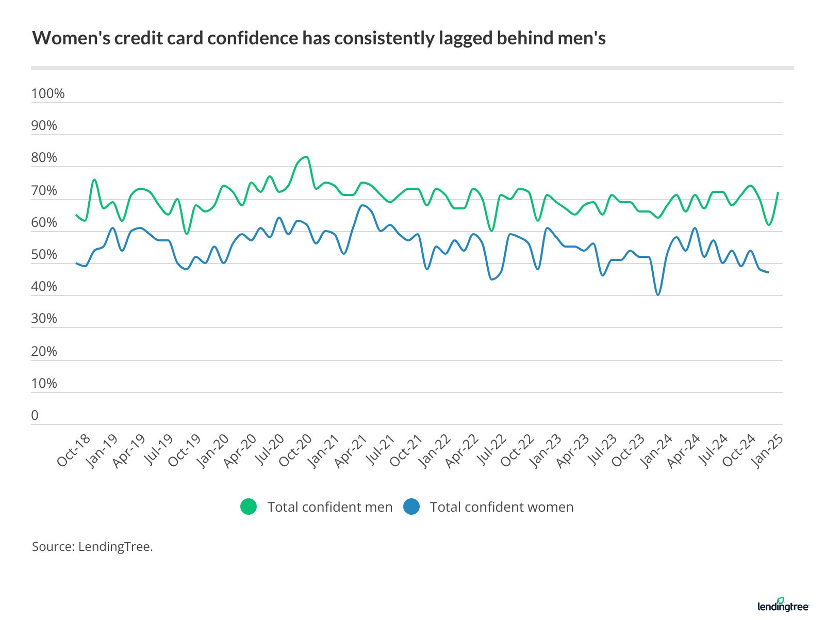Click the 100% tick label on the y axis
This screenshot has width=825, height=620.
(x=48, y=93)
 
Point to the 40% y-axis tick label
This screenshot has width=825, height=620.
(x=44, y=287)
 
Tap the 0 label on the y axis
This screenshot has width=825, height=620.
(x=35, y=416)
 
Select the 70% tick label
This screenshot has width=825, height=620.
(x=44, y=190)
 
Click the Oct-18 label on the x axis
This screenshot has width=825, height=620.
(x=74, y=450)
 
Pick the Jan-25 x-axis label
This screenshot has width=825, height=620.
(x=768, y=450)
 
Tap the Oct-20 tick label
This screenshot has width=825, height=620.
(x=295, y=450)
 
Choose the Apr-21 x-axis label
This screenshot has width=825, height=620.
(x=351, y=450)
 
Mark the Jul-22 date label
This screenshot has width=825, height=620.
(x=490, y=450)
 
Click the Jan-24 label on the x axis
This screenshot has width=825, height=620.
(x=656, y=450)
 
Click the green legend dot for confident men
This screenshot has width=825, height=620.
(x=249, y=507)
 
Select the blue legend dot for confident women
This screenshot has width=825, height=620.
(x=411, y=507)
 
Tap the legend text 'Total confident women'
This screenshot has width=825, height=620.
(x=502, y=507)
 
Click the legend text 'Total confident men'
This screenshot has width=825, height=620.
(x=330, y=507)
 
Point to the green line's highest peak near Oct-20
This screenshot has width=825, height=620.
(x=307, y=157)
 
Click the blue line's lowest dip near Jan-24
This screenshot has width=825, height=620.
(x=658, y=295)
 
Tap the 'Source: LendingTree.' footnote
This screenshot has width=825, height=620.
(x=92, y=547)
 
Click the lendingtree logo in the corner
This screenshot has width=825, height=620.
(x=783, y=606)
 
